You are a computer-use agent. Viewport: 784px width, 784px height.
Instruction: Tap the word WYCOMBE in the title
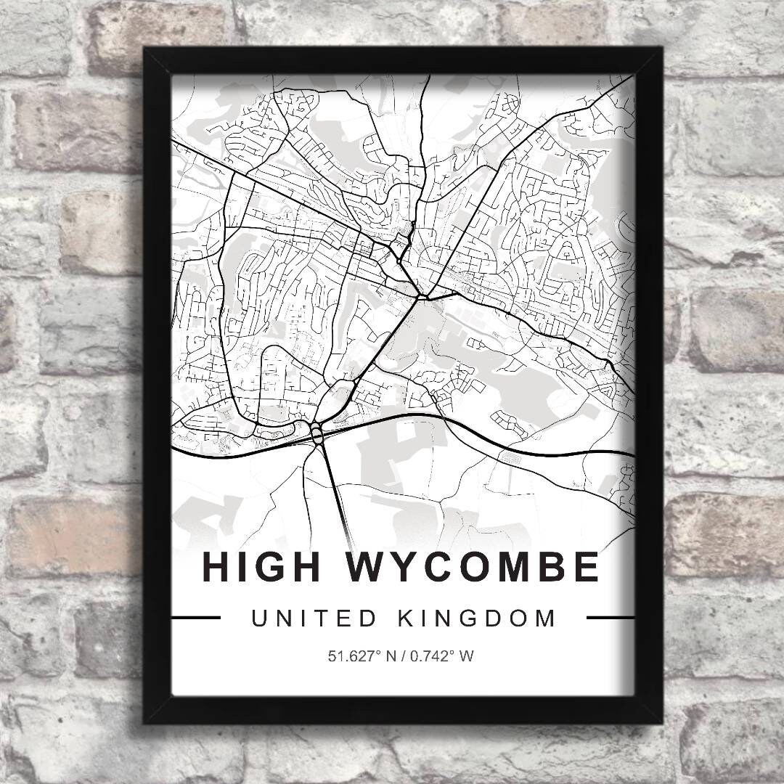474,567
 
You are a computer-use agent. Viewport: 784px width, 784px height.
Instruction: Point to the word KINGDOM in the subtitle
486,618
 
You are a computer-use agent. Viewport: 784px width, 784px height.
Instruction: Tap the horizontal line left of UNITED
195,618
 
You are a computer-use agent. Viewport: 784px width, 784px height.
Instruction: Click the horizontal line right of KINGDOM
610,618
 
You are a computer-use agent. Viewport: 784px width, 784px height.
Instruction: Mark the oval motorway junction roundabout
318,434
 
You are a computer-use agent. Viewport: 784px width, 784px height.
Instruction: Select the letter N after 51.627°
391,657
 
